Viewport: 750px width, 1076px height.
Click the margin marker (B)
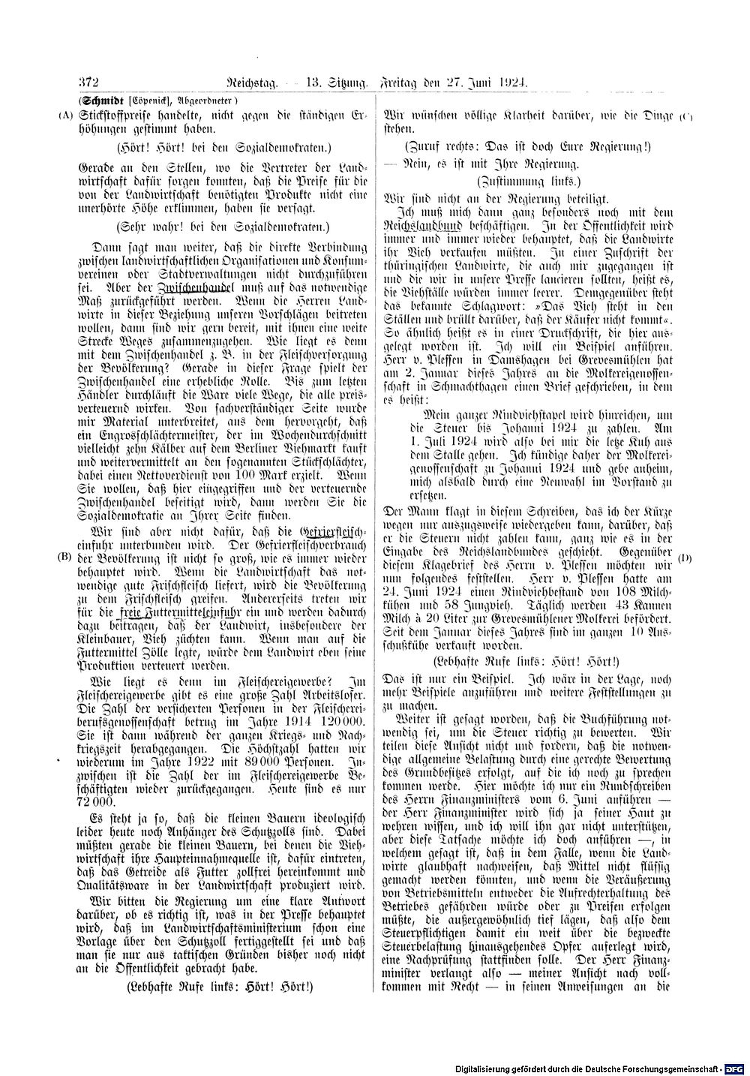64,558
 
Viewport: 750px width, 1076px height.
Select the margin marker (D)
684,558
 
